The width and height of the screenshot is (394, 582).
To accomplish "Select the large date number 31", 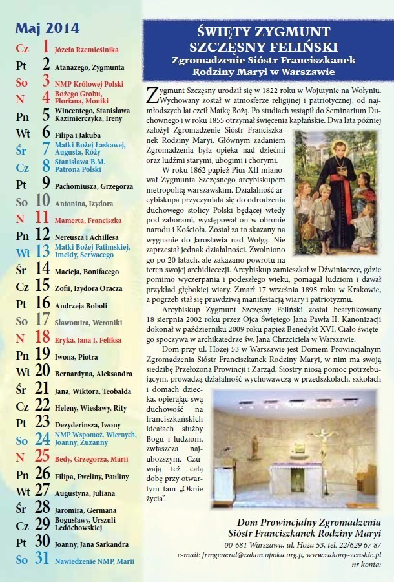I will [x=43, y=559].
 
